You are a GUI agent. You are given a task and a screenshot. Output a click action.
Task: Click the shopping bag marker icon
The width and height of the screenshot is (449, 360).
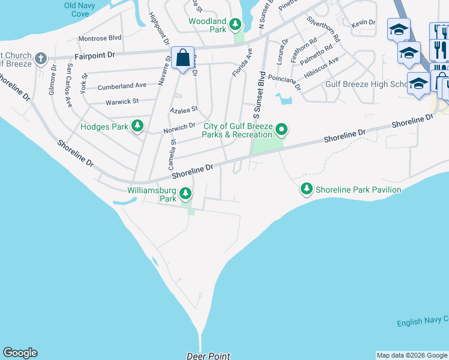point(182,59)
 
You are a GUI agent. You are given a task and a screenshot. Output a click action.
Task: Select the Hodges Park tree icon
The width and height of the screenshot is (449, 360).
point(138,125)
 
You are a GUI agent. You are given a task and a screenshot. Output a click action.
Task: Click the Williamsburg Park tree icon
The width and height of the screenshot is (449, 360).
point(186,193)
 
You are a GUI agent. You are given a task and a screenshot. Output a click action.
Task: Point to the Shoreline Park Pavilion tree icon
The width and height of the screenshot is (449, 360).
point(307,189)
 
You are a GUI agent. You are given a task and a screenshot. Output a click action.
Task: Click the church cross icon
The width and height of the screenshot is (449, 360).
point(40,58)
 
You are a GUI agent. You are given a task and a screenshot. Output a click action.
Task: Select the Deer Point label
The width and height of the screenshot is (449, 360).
point(208,356)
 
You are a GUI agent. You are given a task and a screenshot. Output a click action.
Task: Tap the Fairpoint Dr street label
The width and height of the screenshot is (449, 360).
point(96,55)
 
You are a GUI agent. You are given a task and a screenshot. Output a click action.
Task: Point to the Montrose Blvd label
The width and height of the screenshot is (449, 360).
point(100,38)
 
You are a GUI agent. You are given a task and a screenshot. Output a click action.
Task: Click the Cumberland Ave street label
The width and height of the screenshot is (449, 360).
point(122,86)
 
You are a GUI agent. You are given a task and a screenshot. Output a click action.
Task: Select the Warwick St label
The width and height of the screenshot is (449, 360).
point(122,101)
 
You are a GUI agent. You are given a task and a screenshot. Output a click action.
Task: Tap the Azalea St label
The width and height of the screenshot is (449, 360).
point(184,110)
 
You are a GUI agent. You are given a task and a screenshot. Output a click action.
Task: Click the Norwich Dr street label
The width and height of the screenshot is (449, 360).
point(179,127)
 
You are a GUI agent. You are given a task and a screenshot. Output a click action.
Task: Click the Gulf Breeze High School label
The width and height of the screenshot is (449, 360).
point(367,84)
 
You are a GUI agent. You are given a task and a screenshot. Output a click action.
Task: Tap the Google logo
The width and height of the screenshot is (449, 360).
point(20,353)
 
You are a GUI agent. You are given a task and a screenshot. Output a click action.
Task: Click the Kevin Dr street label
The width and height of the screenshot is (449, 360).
point(364,22)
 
